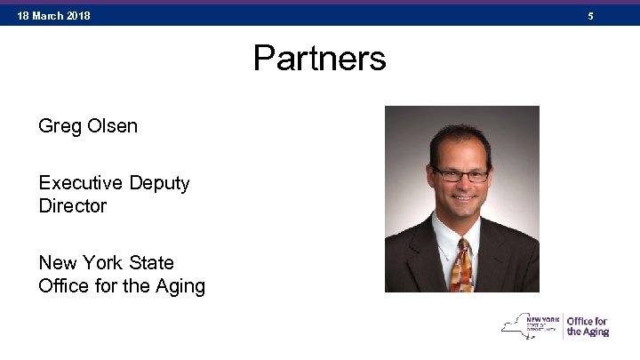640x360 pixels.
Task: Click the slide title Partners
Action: click(319, 59)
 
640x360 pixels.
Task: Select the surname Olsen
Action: click(113, 126)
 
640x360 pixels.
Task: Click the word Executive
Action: click(81, 183)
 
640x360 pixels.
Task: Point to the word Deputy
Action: click(160, 184)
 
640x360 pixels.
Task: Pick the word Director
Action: click(72, 206)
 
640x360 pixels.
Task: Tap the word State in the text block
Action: click(153, 263)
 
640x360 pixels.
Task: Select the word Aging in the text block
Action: click(180, 286)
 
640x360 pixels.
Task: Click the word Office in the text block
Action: click(65, 286)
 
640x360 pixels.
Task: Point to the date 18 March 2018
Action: click(53, 16)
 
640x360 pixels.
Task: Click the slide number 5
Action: click(589, 16)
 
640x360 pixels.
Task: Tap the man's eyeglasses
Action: click(461, 174)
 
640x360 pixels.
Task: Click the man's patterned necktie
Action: click(462, 266)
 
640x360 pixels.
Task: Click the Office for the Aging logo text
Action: click(588, 326)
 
